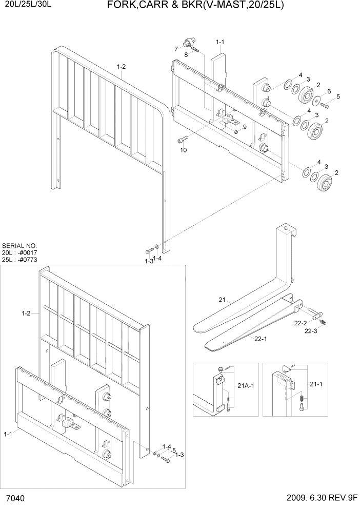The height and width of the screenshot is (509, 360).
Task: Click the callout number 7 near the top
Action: [175, 49]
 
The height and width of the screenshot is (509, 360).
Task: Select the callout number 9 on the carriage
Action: [245, 127]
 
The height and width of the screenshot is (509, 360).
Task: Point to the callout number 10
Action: [183, 150]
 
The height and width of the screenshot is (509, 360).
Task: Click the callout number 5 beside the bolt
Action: [338, 96]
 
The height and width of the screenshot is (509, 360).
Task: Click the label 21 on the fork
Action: [222, 300]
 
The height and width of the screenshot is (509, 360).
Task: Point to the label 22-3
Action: [311, 331]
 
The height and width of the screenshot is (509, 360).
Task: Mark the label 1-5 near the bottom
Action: [171, 451]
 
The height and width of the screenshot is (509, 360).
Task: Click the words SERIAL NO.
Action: [19, 246]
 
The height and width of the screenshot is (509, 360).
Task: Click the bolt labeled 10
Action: [183, 139]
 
